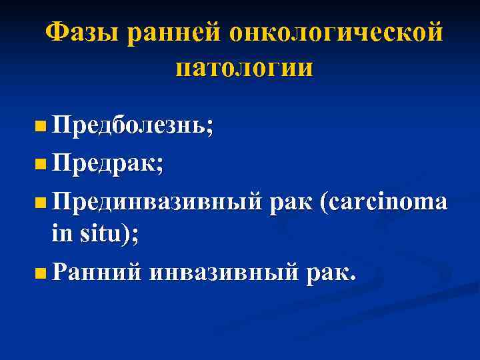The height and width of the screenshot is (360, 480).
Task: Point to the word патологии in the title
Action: coord(244,69)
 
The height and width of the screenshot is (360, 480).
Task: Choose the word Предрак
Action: coord(104,163)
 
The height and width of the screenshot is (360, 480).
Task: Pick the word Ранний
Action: coord(96,272)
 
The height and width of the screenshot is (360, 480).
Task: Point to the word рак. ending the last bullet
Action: coord(331,272)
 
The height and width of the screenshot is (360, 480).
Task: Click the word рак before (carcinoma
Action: coord(291,200)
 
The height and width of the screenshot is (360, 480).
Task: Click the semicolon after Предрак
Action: coord(159,164)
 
